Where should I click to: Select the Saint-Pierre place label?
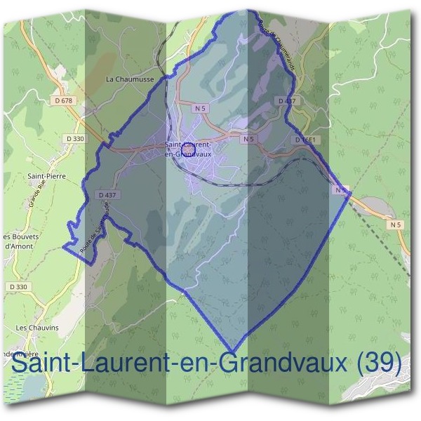click(x=46, y=176)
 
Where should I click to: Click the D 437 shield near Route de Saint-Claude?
click(x=107, y=194)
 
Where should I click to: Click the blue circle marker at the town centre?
click(x=188, y=149)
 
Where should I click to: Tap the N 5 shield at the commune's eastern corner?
click(x=341, y=189)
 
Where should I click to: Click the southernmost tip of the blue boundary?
click(x=232, y=351)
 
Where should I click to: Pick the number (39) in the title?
click(x=380, y=364)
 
